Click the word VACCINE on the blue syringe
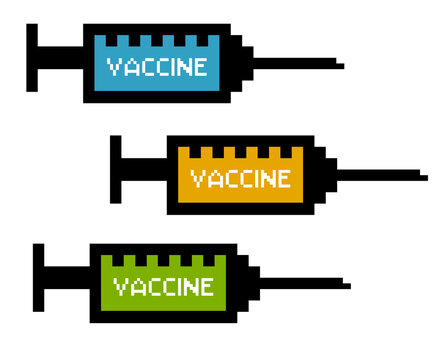pyautogui.click(x=157, y=67)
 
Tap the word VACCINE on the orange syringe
pyautogui.click(x=240, y=179)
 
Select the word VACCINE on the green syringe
pyautogui.click(x=163, y=287)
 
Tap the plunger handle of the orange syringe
pyautogui.click(x=116, y=167)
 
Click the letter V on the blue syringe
pyautogui.click(x=113, y=67)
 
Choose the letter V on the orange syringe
pyautogui.click(x=196, y=179)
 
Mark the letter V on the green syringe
pyautogui.click(x=120, y=287)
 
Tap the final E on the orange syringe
pyautogui.click(x=284, y=179)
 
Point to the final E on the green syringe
pyautogui.click(x=206, y=287)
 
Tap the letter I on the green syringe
pyautogui.click(x=178, y=287)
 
